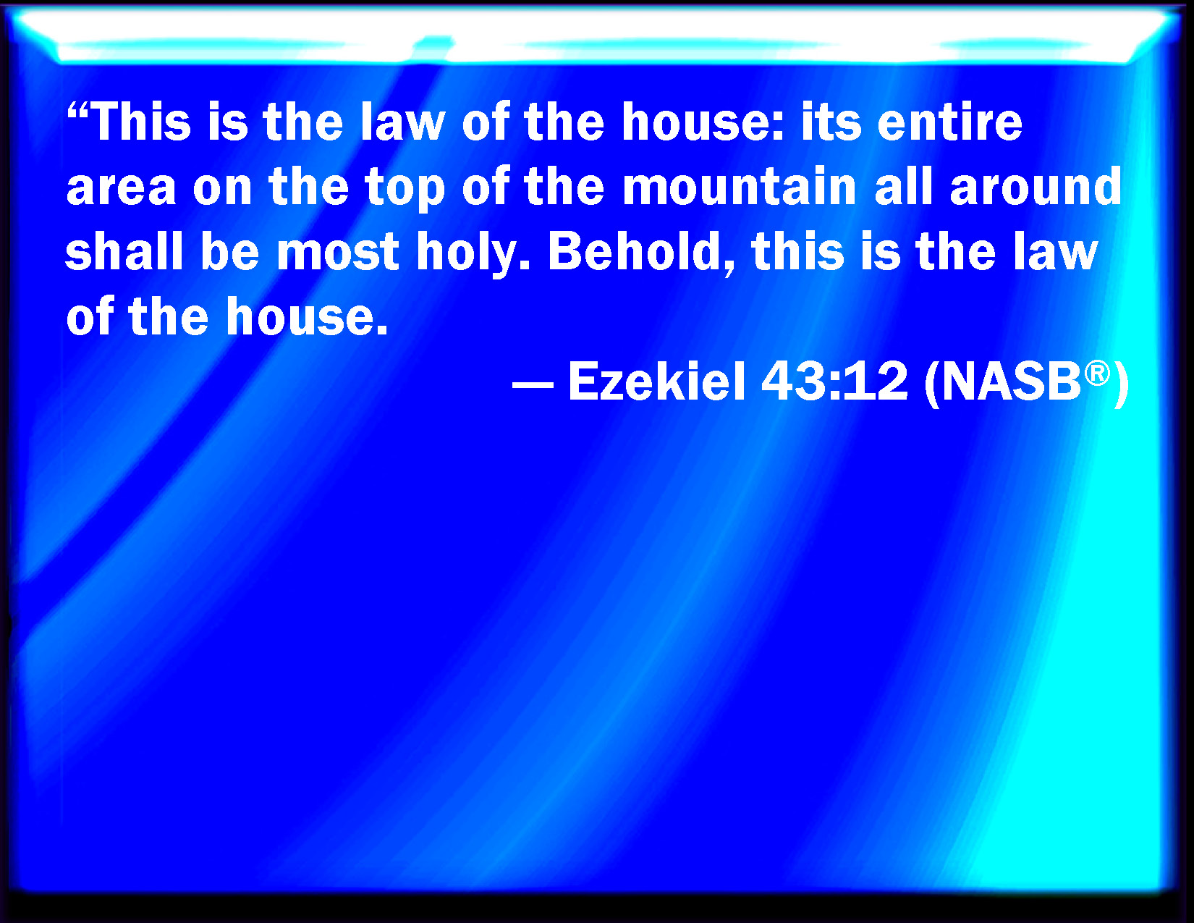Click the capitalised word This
(x=142, y=122)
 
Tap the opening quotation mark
(x=77, y=111)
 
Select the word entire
(x=949, y=122)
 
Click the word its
(x=831, y=122)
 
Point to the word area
(x=121, y=187)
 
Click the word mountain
(x=739, y=186)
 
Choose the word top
(x=405, y=190)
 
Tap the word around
(x=1036, y=186)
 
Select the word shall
(x=124, y=251)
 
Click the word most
(x=337, y=253)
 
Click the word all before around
(x=903, y=186)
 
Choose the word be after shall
(x=229, y=251)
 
